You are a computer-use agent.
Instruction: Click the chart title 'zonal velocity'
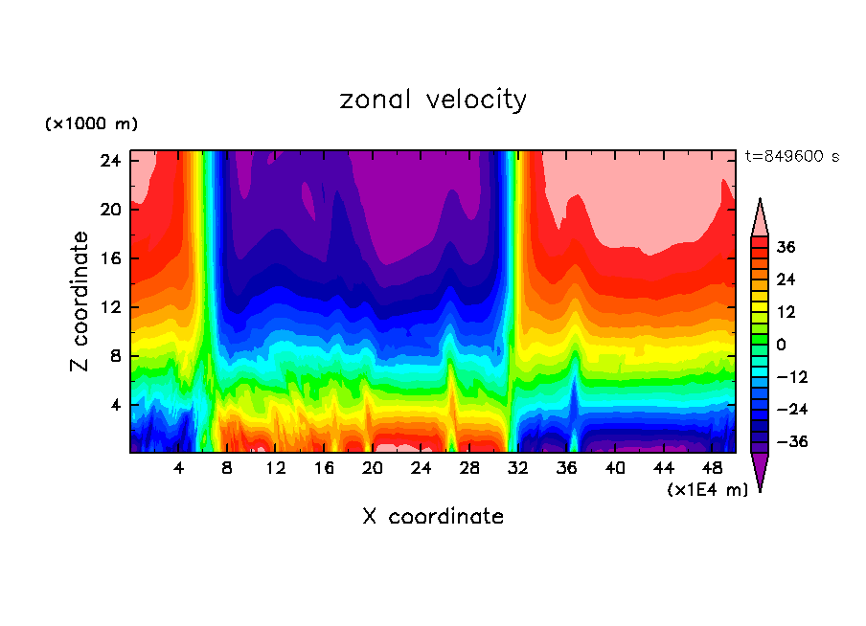[433, 100]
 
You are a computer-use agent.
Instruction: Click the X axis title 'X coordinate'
[433, 517]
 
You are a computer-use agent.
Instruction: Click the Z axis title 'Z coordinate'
[80, 302]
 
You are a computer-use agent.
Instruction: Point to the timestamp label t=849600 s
[791, 157]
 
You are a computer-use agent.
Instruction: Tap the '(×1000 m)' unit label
[91, 124]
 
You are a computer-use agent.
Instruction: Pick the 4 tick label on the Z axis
[116, 405]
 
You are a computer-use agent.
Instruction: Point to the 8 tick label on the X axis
[227, 469]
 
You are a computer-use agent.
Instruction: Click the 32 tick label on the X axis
[517, 469]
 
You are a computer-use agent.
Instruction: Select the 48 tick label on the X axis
[712, 469]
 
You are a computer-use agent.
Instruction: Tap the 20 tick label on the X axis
[373, 469]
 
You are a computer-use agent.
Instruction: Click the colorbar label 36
[786, 247]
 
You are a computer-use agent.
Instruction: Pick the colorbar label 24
[786, 279]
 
